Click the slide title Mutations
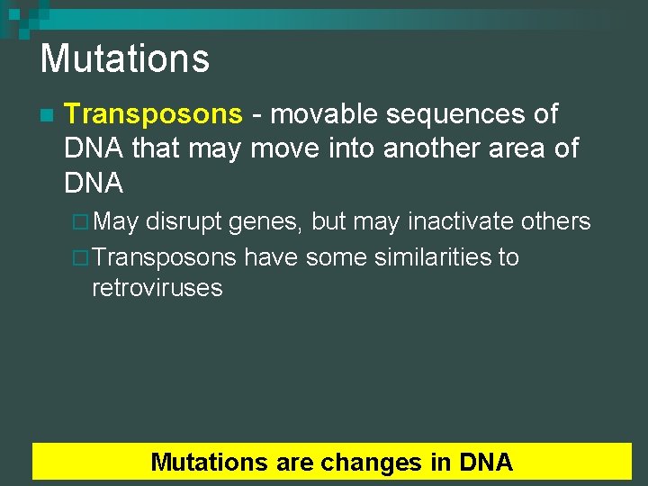coord(124,59)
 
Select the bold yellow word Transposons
coord(154,114)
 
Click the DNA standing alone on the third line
coord(94,183)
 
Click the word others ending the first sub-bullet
coord(558,221)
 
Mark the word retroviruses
coord(157,288)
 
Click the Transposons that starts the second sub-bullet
coord(164,257)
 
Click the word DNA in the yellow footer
coord(485,463)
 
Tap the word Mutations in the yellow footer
coord(210,463)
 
